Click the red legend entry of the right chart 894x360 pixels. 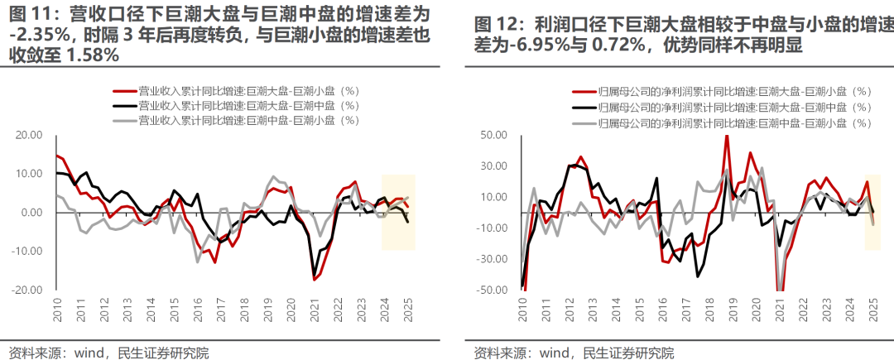tap(720, 92)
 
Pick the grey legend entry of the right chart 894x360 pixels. tap(720, 122)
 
